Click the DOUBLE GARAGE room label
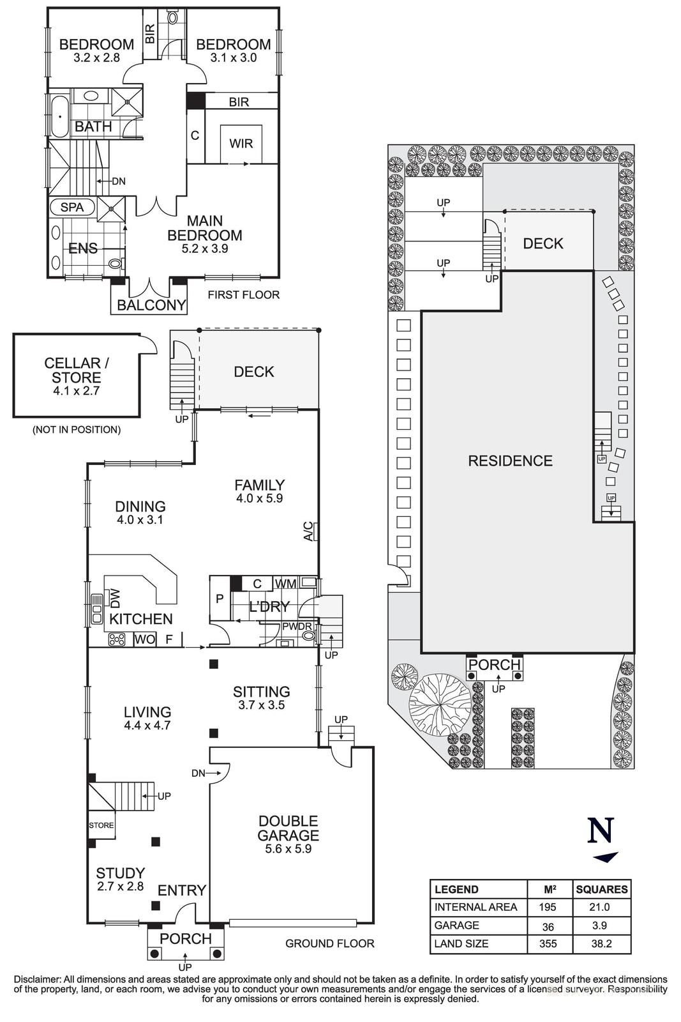(288, 828)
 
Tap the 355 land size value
(548, 943)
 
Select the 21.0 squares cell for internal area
(601, 907)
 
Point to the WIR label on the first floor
(241, 144)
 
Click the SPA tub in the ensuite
(72, 207)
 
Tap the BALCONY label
(151, 305)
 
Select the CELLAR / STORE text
(76, 370)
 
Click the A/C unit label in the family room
(308, 530)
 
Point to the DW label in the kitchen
(116, 598)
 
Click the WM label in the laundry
(285, 583)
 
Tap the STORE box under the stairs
(101, 825)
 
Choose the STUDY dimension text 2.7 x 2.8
(120, 887)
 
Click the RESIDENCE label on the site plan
(510, 461)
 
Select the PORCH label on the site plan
(495, 664)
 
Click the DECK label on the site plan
(543, 243)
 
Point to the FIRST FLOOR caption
(243, 294)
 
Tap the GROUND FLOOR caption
(329, 943)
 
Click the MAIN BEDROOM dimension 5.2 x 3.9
(205, 248)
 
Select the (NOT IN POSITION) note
(76, 430)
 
